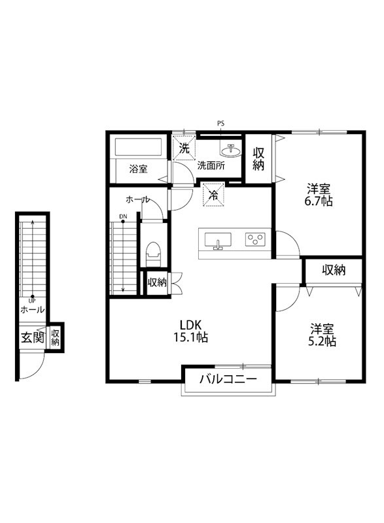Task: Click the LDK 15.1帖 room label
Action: tap(190, 331)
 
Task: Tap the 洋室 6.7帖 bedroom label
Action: tap(319, 195)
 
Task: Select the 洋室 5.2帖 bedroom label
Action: tap(322, 335)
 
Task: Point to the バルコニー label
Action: tap(228, 379)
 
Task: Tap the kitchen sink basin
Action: tap(218, 241)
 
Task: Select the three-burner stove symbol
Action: tap(255, 239)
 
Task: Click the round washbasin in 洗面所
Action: tap(230, 150)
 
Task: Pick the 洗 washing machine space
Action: tap(184, 148)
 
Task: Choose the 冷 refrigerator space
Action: tap(213, 194)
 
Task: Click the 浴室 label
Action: tap(139, 169)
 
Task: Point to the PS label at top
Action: tap(221, 124)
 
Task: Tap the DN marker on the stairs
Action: tap(123, 216)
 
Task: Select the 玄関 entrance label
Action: tap(32, 337)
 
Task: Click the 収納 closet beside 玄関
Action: tap(55, 337)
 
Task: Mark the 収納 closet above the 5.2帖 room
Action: tap(334, 271)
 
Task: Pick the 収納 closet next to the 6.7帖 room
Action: tap(258, 159)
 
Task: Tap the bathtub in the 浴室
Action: tap(138, 146)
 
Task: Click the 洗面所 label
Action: tap(211, 166)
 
